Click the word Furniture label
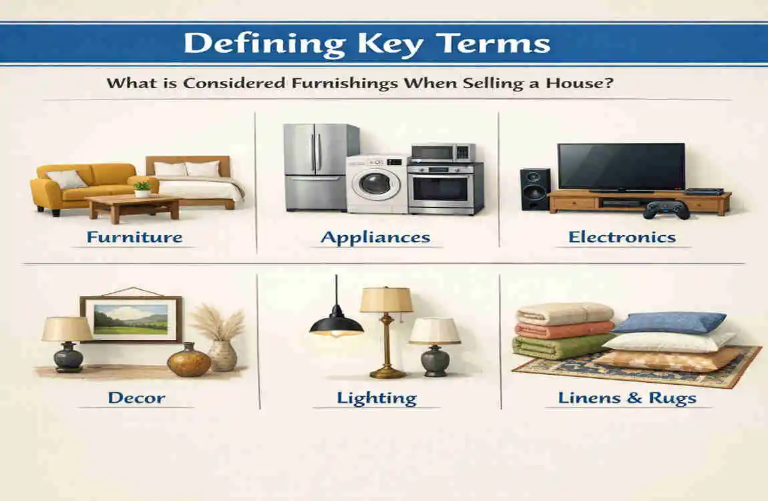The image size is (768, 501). click(134, 236)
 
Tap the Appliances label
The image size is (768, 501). click(375, 236)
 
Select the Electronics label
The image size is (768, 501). click(622, 236)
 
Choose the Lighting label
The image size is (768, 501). click(376, 398)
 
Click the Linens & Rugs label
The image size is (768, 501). click(627, 398)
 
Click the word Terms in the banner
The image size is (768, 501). click(500, 43)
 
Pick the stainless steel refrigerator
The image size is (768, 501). click(311, 167)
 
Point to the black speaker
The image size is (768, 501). click(535, 189)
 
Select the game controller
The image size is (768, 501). click(666, 210)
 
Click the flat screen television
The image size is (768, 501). click(620, 167)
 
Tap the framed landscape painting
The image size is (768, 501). click(131, 319)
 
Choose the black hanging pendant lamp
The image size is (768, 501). click(336, 323)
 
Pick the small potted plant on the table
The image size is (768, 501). click(142, 189)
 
